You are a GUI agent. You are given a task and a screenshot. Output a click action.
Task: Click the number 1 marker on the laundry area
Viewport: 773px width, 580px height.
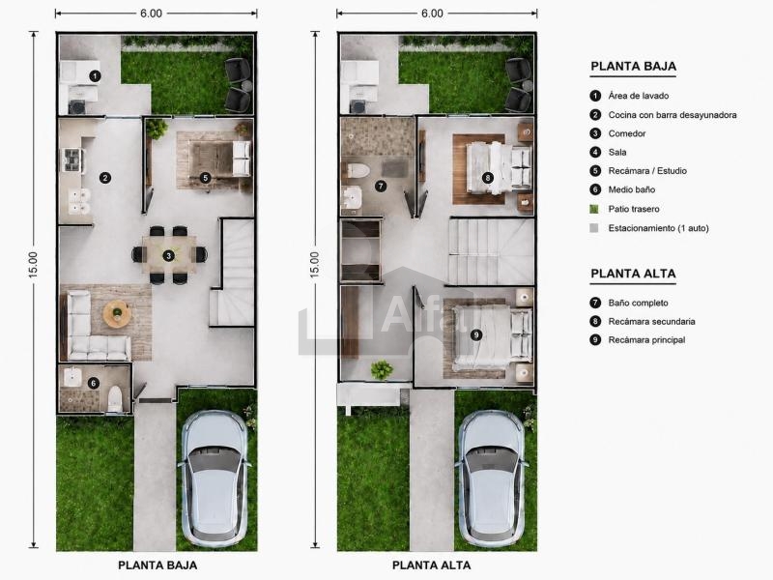point(95,76)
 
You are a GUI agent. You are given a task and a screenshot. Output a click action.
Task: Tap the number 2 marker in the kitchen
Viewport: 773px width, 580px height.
point(105,178)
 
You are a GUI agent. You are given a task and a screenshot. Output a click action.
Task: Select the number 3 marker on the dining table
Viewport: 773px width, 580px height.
point(169,255)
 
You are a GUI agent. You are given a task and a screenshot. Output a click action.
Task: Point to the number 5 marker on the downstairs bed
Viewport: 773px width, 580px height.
point(206,178)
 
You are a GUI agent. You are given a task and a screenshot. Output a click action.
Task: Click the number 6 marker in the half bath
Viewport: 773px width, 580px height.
point(93,383)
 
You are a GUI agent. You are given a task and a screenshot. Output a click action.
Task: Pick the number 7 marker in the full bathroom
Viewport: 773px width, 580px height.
point(380,186)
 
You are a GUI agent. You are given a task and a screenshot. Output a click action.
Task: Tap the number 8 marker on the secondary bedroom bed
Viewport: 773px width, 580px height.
point(488,178)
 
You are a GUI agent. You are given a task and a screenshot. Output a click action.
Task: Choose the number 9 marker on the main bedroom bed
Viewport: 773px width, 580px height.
point(476,334)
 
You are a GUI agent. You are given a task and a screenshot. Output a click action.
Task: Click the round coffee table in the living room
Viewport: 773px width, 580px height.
point(117,313)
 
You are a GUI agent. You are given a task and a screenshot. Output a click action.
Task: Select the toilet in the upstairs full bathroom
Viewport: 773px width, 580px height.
point(358,171)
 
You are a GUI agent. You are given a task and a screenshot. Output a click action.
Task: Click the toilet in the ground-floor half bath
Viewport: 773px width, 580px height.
point(115,397)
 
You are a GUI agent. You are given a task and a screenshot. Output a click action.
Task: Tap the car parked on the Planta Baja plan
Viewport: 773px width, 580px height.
point(215,478)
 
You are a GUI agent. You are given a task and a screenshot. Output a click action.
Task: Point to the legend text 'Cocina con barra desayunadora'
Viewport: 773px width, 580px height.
point(673,115)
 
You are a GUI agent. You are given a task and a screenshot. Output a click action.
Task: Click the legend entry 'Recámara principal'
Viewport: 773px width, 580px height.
point(646,340)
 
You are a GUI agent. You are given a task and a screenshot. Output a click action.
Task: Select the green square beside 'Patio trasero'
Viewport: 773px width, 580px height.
point(594,209)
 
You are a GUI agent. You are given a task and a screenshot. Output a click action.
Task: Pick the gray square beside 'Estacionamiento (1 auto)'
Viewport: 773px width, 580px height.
point(594,228)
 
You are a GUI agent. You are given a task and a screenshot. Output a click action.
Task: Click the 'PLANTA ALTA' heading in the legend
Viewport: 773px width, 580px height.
point(634,274)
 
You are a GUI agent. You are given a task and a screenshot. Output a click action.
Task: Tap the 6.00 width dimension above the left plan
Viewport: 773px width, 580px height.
point(151,14)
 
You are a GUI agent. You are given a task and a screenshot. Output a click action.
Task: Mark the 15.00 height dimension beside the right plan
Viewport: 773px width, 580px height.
point(315,265)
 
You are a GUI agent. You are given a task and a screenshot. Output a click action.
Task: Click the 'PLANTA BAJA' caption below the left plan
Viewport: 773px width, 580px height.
point(157,565)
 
